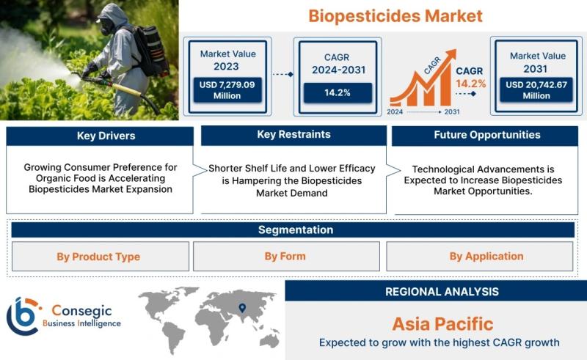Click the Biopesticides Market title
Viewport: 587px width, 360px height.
point(395,16)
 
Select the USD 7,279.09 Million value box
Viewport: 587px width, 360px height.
point(227,90)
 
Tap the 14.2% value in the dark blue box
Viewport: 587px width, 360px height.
point(338,93)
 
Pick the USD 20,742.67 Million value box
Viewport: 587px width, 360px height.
point(536,89)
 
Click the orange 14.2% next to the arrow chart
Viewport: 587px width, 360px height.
point(470,84)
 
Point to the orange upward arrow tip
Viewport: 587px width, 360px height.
point(454,51)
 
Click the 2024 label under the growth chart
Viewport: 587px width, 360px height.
point(395,112)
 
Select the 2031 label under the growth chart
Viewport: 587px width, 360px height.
point(452,112)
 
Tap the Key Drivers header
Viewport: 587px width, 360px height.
point(106,136)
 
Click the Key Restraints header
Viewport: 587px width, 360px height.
point(294,135)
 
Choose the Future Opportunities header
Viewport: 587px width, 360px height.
point(487,135)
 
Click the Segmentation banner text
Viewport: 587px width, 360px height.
point(296,229)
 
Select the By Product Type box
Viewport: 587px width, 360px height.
point(101,257)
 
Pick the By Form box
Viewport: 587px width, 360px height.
point(286,257)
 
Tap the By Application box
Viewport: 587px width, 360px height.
point(480,257)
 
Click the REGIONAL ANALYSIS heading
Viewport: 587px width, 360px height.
point(442,292)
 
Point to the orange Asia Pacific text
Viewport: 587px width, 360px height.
point(443,324)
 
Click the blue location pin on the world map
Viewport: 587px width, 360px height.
point(242,308)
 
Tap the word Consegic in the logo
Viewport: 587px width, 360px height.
point(81,311)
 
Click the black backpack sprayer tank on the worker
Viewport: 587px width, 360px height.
point(150,51)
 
